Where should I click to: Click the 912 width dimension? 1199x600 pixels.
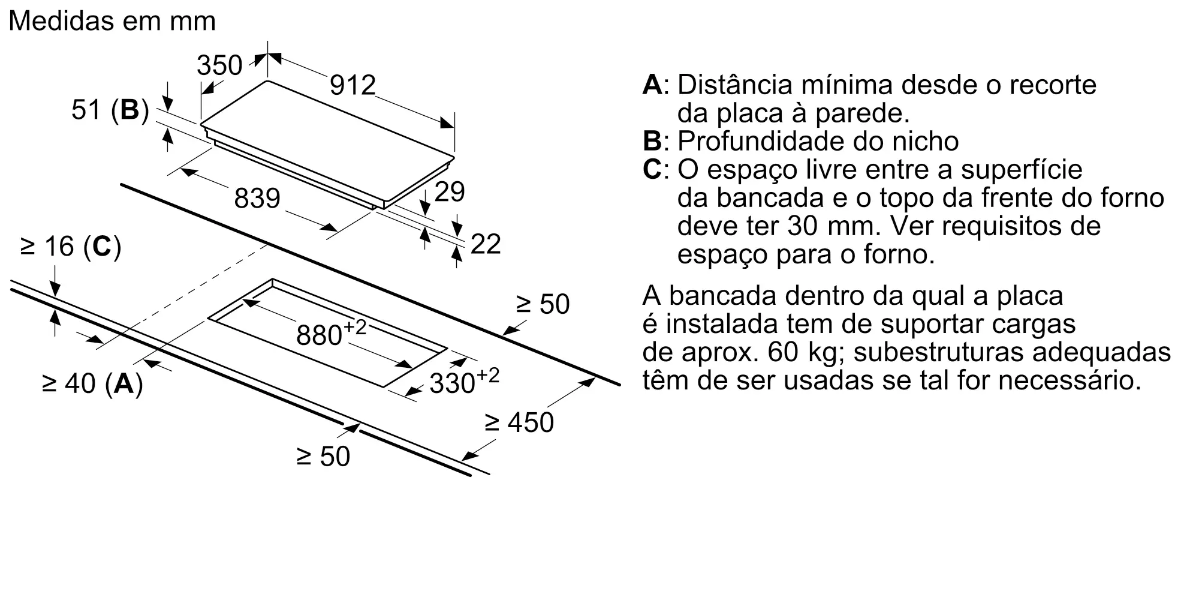click(353, 85)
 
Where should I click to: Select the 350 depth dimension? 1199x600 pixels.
click(219, 65)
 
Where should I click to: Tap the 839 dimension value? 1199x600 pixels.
click(257, 198)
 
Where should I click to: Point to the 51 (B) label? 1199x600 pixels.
click(110, 110)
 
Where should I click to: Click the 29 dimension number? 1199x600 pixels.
click(449, 192)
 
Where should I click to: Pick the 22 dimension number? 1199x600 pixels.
click(486, 244)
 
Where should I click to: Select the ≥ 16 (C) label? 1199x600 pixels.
click(71, 247)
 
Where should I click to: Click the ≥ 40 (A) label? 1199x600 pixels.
click(92, 383)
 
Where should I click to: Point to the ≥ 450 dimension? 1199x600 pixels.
click(519, 422)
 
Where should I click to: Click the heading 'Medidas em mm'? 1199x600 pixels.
click(112, 22)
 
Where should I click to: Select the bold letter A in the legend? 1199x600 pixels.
click(652, 85)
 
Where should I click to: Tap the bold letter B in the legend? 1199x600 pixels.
click(652, 142)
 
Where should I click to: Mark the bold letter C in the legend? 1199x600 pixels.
click(652, 170)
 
